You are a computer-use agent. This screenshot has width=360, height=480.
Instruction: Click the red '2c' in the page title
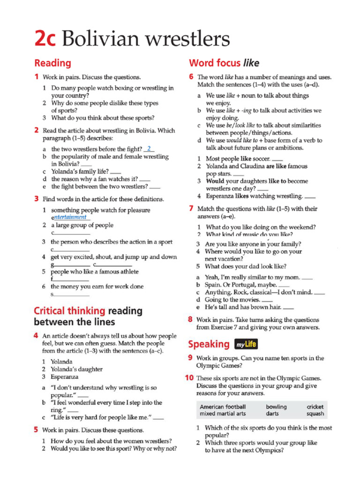(x=45, y=39)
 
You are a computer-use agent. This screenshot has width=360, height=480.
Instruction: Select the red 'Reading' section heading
(x=52, y=63)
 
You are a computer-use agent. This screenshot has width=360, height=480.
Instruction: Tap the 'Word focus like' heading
(x=224, y=63)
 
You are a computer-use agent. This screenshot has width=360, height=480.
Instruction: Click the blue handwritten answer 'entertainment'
(x=70, y=217)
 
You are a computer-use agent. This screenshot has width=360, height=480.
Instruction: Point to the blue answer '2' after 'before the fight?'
(x=149, y=149)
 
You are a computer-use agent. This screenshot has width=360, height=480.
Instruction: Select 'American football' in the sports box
(x=223, y=407)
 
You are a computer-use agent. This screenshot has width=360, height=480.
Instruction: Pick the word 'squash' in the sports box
(x=315, y=414)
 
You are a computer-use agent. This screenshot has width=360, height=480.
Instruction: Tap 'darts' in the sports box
(x=272, y=414)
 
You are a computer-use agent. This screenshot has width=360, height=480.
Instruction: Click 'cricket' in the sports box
(x=315, y=407)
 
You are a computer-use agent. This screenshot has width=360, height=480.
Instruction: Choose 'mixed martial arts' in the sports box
(x=223, y=414)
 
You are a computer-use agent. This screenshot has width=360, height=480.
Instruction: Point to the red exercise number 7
(x=191, y=209)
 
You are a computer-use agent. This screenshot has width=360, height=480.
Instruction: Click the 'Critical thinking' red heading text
(x=69, y=311)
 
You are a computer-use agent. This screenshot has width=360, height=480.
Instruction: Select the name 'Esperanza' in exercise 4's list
(x=65, y=377)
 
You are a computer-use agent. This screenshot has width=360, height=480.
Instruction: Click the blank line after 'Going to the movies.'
(x=267, y=300)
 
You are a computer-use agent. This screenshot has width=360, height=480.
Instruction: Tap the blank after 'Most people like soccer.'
(x=277, y=159)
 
